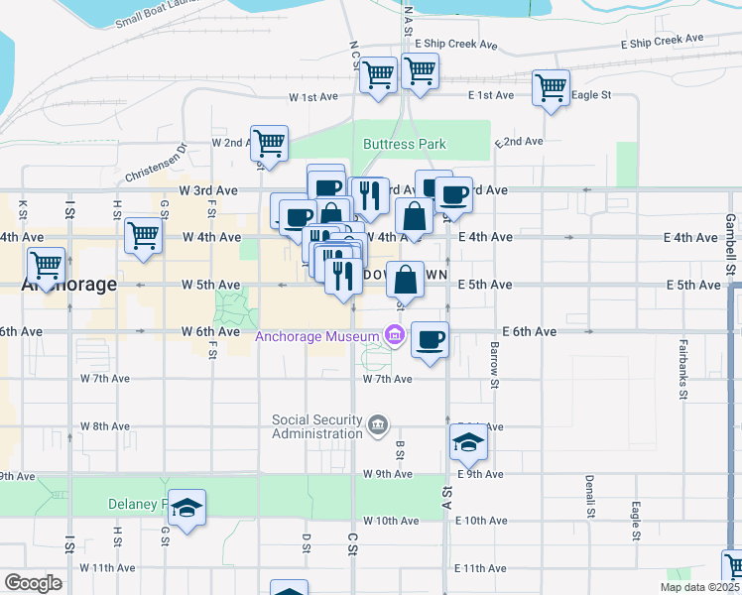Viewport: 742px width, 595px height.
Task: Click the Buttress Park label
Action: [405, 144]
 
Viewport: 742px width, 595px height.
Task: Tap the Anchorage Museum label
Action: [319, 336]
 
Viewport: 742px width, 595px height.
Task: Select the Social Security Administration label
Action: [317, 426]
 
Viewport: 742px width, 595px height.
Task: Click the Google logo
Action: [33, 583]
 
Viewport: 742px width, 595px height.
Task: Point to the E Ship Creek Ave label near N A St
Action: [456, 45]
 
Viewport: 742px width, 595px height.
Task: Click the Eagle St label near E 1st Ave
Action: [591, 95]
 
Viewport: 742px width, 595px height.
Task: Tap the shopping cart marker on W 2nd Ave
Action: [270, 143]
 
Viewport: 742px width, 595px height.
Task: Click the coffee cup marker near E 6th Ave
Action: [430, 340]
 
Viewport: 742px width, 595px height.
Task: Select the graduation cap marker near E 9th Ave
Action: [468, 442]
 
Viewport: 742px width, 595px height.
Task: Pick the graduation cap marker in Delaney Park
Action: [186, 508]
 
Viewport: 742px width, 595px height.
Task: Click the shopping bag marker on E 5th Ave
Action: [406, 280]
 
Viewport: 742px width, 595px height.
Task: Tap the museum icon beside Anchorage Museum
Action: [394, 336]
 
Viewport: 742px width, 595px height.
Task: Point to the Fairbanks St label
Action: [683, 381]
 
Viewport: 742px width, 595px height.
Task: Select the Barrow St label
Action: [493, 358]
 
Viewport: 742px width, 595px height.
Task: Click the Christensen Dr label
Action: [156, 165]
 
